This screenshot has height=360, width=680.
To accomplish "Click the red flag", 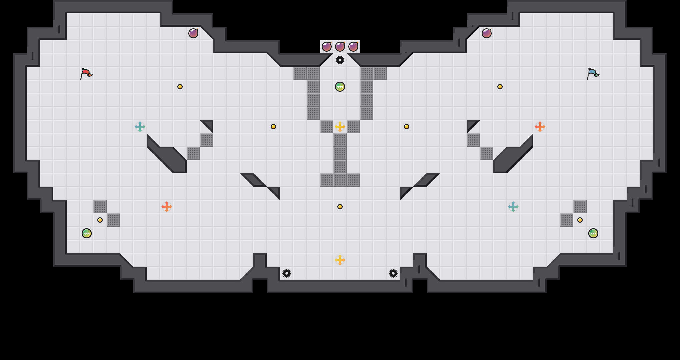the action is click(x=86, y=73).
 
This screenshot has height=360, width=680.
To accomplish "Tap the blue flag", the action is click(x=593, y=73).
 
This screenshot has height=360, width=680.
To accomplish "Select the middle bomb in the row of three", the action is click(x=340, y=47).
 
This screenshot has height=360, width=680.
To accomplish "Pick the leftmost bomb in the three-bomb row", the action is click(x=327, y=47).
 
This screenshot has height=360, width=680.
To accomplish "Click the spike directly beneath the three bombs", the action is click(x=340, y=60).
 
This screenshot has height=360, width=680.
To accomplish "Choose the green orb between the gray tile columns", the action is click(x=340, y=87).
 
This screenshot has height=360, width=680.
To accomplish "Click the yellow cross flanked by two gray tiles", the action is click(x=340, y=127).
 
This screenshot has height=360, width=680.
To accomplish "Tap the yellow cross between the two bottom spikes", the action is click(x=340, y=260).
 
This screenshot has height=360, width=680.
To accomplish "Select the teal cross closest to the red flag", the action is click(x=140, y=127).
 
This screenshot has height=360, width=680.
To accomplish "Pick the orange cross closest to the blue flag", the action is click(x=540, y=127).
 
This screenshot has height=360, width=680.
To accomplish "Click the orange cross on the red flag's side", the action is click(x=167, y=207).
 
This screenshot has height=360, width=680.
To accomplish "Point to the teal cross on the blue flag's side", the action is click(x=513, y=207).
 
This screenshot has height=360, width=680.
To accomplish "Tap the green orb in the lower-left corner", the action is click(x=87, y=233).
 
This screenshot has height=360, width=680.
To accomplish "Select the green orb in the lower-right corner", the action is click(x=593, y=233).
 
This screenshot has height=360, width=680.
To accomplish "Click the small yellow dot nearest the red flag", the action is click(x=180, y=87).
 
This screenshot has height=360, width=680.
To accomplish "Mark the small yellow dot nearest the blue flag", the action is click(x=500, y=87).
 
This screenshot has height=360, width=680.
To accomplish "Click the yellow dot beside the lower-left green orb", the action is click(x=100, y=220).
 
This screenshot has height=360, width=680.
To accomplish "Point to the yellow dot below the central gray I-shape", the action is click(x=340, y=207).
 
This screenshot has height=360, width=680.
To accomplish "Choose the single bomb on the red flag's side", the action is click(x=193, y=33).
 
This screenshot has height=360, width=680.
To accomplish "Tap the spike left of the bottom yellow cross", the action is click(x=287, y=273).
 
